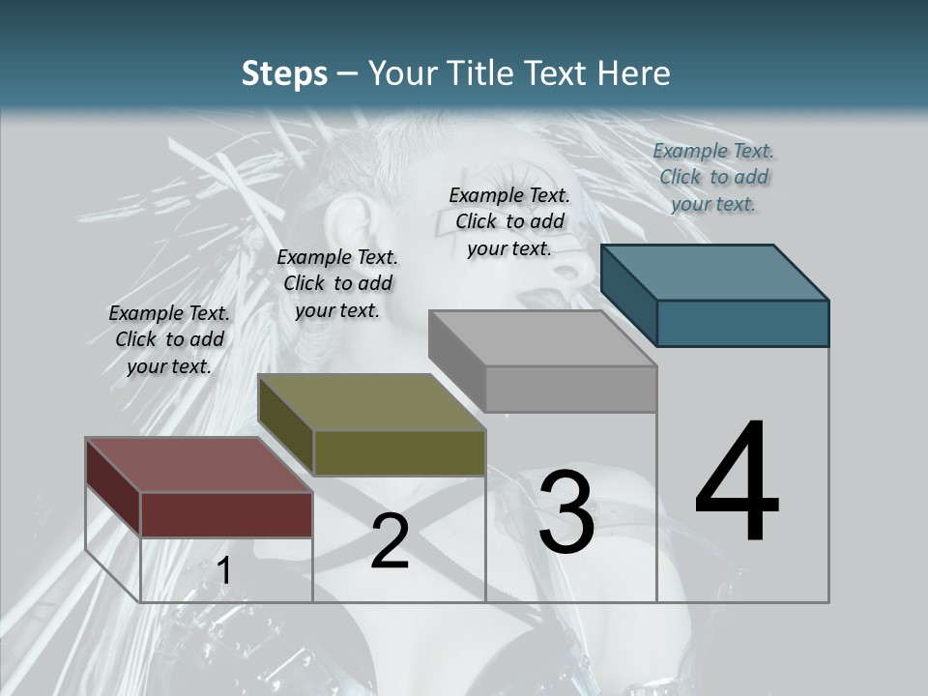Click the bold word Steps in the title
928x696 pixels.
point(284,73)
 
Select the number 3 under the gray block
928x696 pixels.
point(566,511)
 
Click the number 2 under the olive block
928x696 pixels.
point(390,541)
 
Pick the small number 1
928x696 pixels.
point(224,571)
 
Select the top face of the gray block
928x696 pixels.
point(541,338)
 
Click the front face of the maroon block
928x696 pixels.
point(226,514)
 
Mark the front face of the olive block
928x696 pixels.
point(399,452)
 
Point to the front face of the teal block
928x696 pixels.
point(742,323)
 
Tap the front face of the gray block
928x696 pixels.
point(570,389)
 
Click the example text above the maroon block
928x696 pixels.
point(169,339)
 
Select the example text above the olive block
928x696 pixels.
point(337,283)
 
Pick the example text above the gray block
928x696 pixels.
point(509,221)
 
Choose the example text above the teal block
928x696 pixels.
point(713,177)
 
